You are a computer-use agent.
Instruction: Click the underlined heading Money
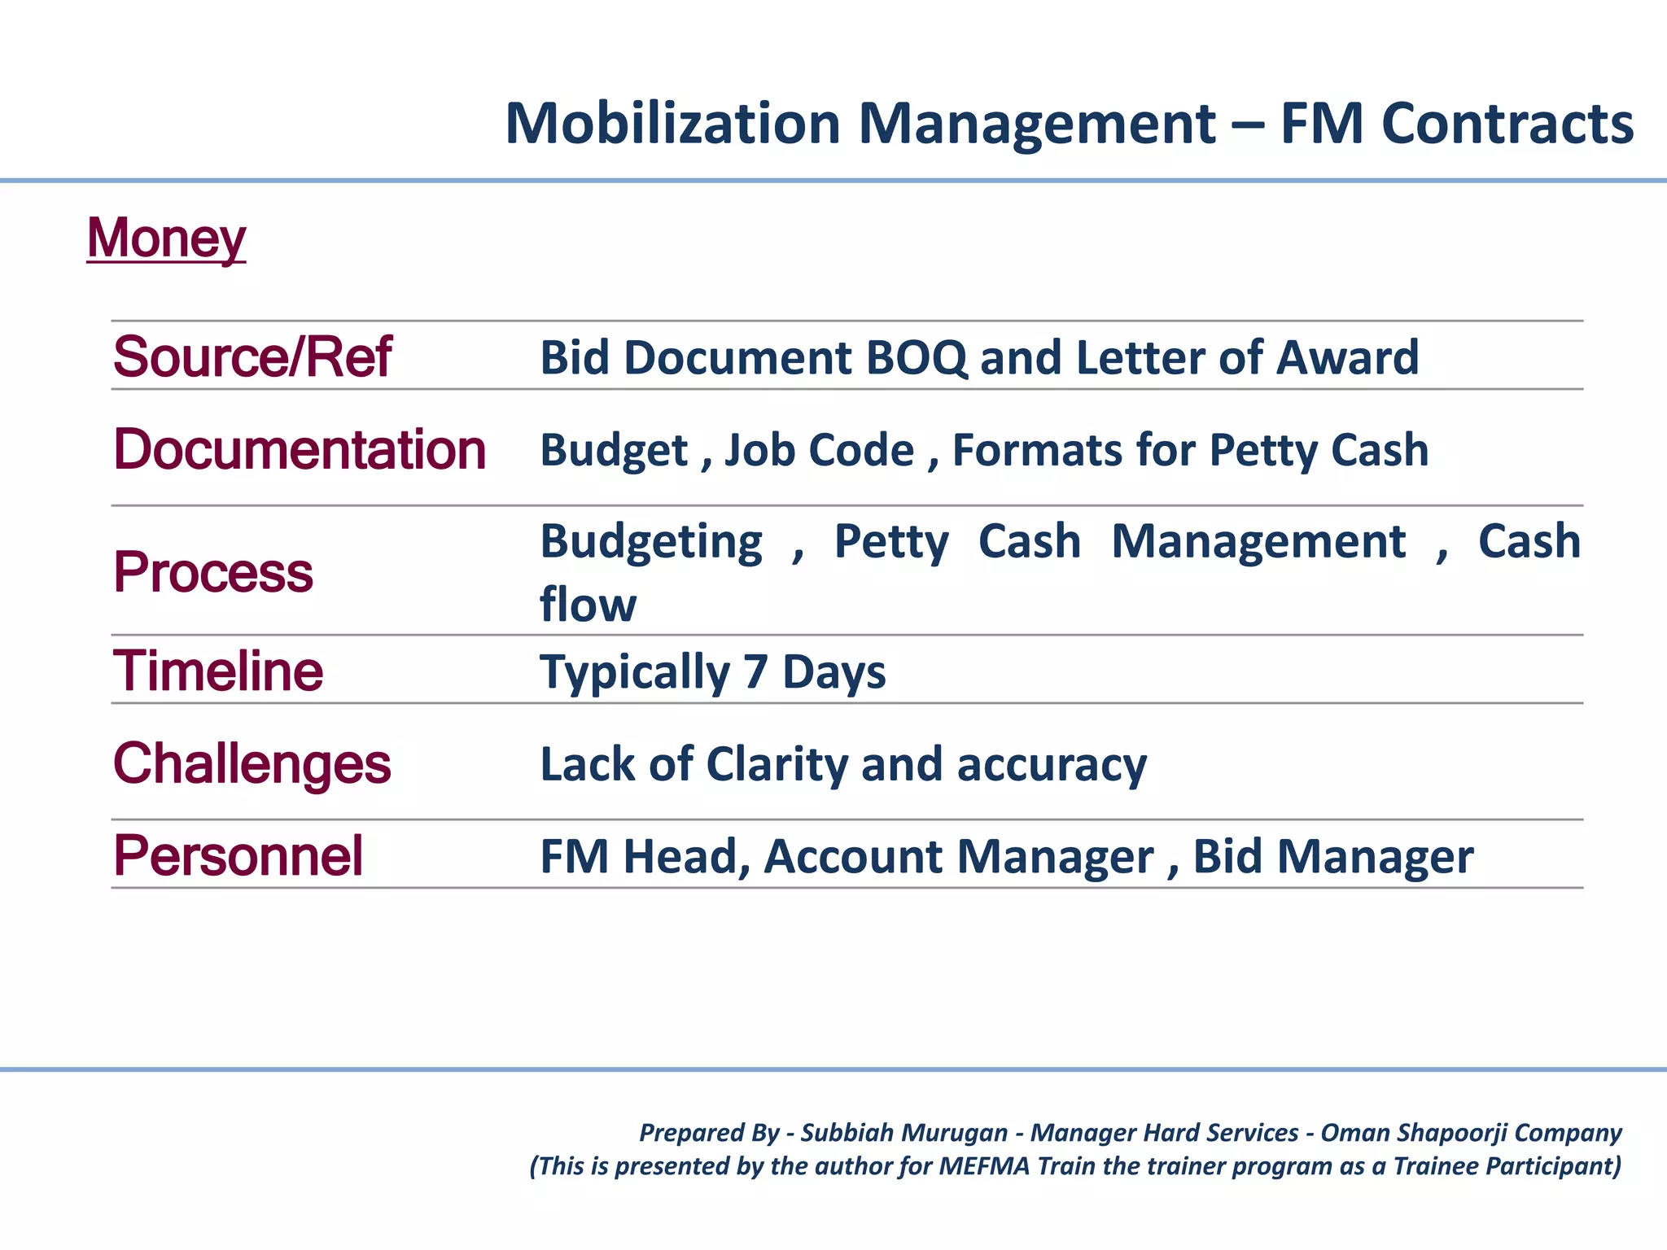(166, 238)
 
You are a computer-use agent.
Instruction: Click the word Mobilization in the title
(672, 124)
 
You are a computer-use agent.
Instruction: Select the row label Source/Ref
(252, 357)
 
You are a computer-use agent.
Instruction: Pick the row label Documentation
(300, 449)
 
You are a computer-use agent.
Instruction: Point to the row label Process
(213, 571)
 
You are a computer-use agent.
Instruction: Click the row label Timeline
(218, 671)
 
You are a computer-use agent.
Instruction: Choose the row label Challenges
(252, 764)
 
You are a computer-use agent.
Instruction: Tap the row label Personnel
(238, 856)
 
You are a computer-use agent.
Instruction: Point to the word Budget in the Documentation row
(614, 450)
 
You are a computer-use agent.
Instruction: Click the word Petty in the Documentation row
(1261, 450)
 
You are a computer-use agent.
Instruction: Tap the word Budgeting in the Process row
(651, 542)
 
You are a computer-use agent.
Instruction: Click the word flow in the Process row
(588, 605)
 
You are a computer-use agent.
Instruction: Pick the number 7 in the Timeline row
(755, 672)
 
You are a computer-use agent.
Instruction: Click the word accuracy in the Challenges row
(1052, 765)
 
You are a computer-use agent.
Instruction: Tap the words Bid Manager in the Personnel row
(1332, 857)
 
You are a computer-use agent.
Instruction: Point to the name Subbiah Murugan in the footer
(904, 1133)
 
